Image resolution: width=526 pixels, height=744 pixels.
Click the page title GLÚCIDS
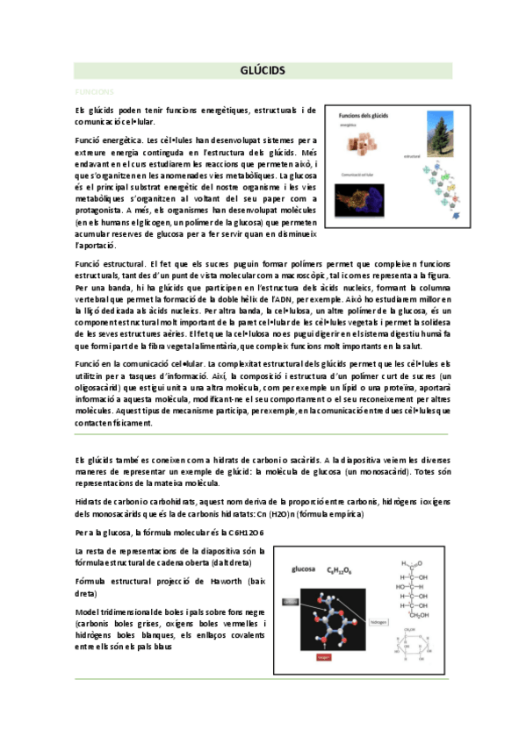pyautogui.click(x=263, y=70)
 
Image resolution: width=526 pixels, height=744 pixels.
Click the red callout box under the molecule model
pyautogui.click(x=322, y=656)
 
